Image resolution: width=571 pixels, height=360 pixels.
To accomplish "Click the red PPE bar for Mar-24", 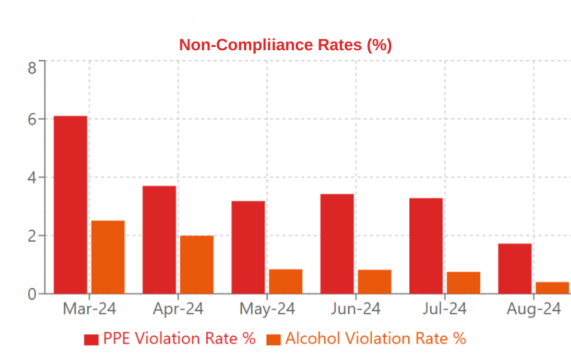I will pyautogui.click(x=70, y=205).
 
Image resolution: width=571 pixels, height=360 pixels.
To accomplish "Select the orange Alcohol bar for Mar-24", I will pyautogui.click(x=108, y=257).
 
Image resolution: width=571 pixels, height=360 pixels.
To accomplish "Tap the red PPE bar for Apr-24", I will pyautogui.click(x=159, y=240).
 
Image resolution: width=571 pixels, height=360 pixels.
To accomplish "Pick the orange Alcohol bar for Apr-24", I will pyautogui.click(x=197, y=265).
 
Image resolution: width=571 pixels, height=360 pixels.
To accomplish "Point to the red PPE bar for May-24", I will pyautogui.click(x=248, y=247).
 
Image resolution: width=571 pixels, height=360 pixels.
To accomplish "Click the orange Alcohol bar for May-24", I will pyautogui.click(x=285, y=281).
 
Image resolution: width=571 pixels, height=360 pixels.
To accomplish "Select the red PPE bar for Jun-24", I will pyautogui.click(x=337, y=243).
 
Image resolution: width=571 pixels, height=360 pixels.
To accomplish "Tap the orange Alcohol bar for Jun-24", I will pyautogui.click(x=374, y=281).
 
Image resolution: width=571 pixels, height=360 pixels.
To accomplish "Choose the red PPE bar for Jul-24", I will pyautogui.click(x=426, y=246).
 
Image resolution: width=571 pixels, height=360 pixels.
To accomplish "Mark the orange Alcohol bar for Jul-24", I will pyautogui.click(x=463, y=283).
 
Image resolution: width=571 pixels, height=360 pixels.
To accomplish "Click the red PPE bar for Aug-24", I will pyautogui.click(x=515, y=269).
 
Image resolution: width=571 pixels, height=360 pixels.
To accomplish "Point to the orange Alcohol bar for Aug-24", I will pyautogui.click(x=552, y=288).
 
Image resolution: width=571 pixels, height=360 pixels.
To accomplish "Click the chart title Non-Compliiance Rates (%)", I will pyautogui.click(x=285, y=45).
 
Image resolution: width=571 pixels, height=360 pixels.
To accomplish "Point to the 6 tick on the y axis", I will pyautogui.click(x=32, y=119).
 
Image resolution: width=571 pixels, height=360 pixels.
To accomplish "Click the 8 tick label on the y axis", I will pyautogui.click(x=32, y=67).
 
